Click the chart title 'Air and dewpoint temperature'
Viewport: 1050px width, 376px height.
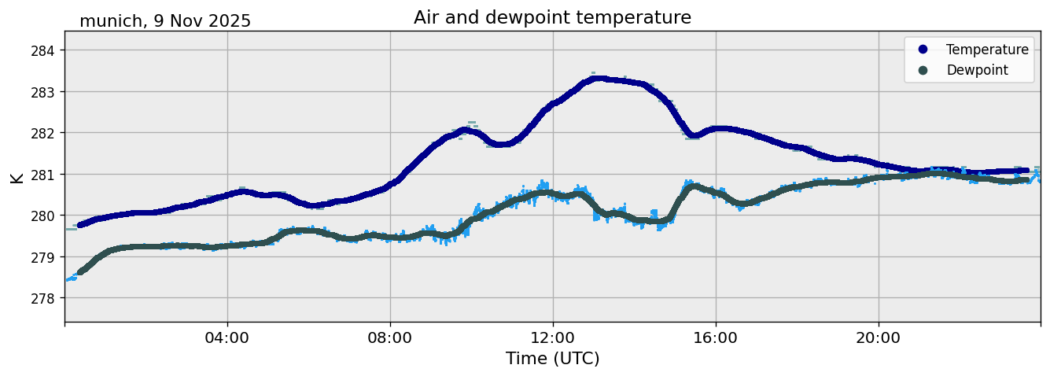point(552,17)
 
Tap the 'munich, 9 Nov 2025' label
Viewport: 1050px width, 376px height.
point(165,21)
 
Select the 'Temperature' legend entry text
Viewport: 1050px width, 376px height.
point(987,50)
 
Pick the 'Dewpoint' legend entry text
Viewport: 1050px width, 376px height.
point(977,70)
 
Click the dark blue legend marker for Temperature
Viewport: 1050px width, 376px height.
point(923,50)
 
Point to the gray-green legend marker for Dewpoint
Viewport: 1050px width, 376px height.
point(923,70)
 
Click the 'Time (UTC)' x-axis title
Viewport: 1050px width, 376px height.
point(552,359)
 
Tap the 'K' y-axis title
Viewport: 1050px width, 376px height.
point(17,177)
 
